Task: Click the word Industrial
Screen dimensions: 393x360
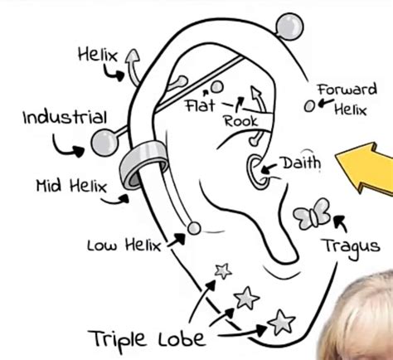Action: tap(65, 117)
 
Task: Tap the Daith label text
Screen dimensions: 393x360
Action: tap(302, 163)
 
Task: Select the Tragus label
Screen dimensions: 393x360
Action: tap(352, 247)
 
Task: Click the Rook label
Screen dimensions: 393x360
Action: tap(240, 122)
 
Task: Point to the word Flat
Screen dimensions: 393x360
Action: tap(200, 105)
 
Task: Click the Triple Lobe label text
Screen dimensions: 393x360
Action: tap(147, 338)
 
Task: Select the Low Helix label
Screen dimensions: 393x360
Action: tap(124, 246)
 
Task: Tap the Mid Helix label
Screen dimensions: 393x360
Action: tap(71, 186)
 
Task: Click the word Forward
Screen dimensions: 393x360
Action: tap(347, 90)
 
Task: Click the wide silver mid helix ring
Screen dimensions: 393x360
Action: tap(143, 165)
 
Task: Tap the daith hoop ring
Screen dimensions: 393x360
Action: tap(257, 172)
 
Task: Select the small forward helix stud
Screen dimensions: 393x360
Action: tap(309, 106)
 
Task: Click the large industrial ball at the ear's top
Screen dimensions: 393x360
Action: tap(289, 27)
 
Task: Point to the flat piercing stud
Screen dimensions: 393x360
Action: tap(217, 87)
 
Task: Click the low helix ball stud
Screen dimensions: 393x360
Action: tap(194, 228)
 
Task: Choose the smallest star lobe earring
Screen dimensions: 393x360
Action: tap(223, 271)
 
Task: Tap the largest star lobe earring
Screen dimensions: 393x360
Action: tap(281, 322)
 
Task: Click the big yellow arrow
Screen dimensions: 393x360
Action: tap(364, 168)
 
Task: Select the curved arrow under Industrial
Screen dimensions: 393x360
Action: tap(67, 146)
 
